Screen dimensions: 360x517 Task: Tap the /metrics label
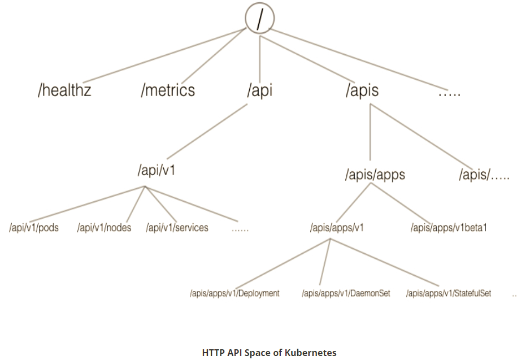tap(168, 90)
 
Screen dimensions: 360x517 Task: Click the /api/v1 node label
tap(156, 171)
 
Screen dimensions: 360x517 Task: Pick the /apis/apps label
tap(375, 175)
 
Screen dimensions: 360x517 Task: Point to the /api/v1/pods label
tap(34, 228)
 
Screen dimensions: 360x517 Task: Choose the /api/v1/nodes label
tap(105, 228)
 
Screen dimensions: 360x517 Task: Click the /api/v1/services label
tap(177, 228)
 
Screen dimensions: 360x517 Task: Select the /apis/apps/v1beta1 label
tap(449, 228)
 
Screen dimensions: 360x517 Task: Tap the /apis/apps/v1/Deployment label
tap(234, 293)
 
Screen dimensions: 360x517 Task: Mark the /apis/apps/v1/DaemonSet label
tap(346, 293)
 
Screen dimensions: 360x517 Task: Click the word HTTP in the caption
tap(213, 353)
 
